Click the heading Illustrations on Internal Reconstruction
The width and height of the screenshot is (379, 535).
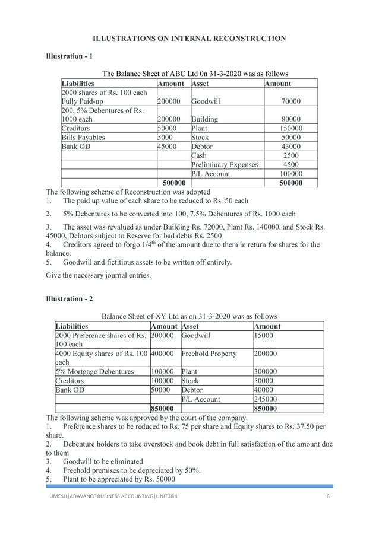coord(189,39)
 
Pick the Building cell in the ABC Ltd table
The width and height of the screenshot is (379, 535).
coord(205,119)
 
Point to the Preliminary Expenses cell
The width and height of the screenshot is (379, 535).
coord(225,164)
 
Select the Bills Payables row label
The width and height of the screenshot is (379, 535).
coord(83,137)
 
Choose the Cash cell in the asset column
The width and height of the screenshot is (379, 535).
coord(200,155)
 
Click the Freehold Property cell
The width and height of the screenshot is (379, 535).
coord(209,354)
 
